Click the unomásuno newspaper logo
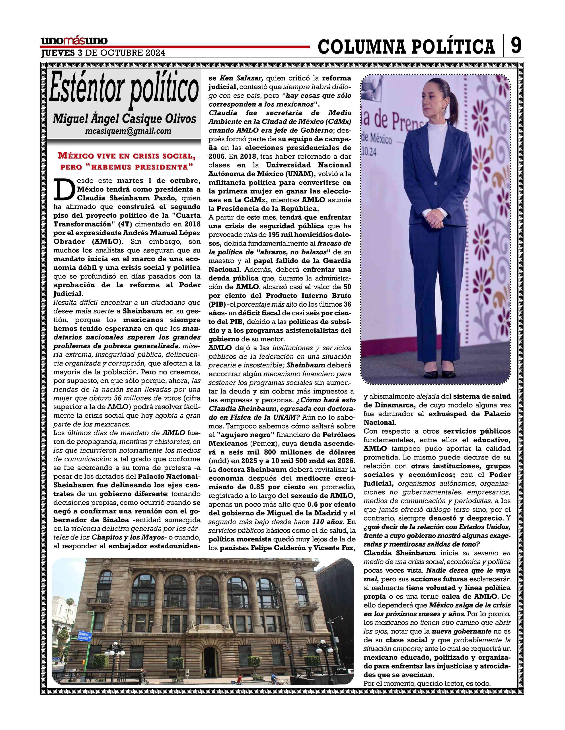click(74, 41)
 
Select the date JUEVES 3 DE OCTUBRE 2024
click(103, 53)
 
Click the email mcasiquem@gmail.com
click(128, 131)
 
